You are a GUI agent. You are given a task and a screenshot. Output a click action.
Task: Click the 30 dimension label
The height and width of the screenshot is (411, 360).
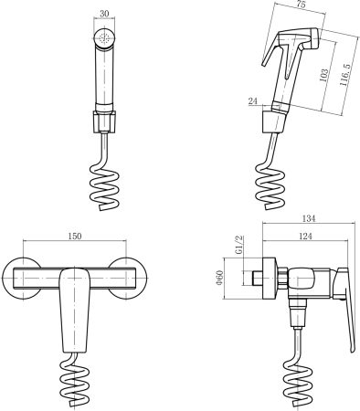104,14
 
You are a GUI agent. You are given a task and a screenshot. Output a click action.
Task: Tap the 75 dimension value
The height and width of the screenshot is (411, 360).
301,5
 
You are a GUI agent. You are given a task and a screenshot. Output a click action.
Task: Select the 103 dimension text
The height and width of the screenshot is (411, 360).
323,75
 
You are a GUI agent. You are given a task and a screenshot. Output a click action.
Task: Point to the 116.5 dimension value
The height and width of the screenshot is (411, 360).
345,75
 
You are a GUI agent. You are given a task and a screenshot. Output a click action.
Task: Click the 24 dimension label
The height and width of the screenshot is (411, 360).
253,101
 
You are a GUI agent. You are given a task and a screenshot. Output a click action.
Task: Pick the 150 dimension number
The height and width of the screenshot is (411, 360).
75,236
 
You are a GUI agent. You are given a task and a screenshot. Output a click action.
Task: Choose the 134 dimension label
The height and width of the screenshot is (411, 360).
309,218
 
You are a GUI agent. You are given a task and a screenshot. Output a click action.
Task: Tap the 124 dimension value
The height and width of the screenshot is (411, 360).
305,236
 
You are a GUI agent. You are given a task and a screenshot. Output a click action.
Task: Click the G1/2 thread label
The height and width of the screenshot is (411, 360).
239,245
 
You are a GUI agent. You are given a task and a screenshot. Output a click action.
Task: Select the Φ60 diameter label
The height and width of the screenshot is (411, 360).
219,279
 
